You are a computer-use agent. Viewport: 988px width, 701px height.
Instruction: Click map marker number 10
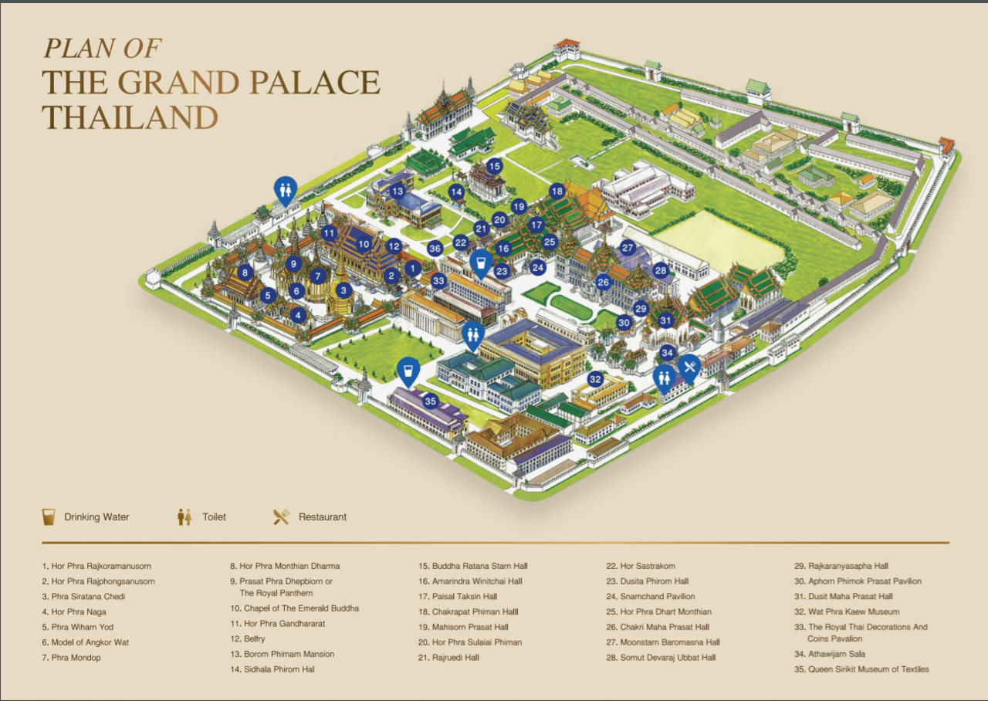[364, 244]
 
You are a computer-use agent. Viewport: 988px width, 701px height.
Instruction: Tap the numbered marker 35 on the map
[431, 401]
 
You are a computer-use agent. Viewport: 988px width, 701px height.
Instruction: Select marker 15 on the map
[494, 166]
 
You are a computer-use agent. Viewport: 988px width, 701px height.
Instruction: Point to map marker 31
[666, 320]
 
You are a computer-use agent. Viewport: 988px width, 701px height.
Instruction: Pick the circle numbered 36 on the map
[435, 249]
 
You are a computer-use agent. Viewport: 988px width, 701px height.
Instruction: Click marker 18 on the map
[557, 191]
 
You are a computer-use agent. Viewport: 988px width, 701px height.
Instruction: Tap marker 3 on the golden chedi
[343, 291]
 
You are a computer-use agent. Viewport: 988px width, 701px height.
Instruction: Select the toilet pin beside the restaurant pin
[663, 377]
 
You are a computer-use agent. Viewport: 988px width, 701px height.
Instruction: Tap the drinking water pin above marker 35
[408, 371]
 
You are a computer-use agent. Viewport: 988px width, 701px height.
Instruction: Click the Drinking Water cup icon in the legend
[49, 516]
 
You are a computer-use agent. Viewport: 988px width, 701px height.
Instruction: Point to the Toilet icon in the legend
[184, 516]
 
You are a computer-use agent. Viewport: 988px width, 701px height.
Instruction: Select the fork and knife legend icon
[281, 516]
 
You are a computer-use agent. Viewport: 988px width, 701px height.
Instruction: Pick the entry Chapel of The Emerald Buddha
[294, 608]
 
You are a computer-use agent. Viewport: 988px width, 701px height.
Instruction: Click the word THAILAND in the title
[130, 117]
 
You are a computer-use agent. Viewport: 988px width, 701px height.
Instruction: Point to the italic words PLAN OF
[102, 48]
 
